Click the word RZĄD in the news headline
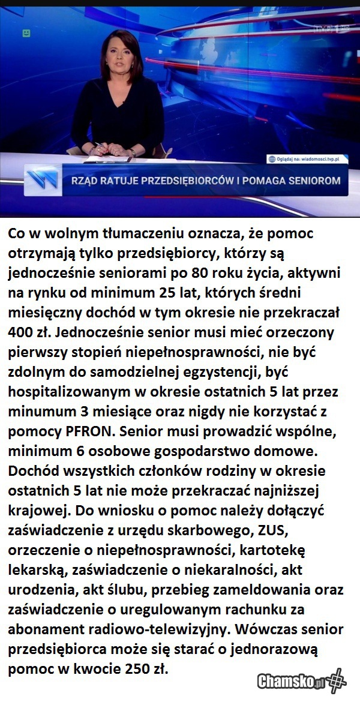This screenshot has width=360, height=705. pos(88,180)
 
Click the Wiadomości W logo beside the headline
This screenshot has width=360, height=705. pos(43,180)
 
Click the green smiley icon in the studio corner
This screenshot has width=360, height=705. pos(26,32)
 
